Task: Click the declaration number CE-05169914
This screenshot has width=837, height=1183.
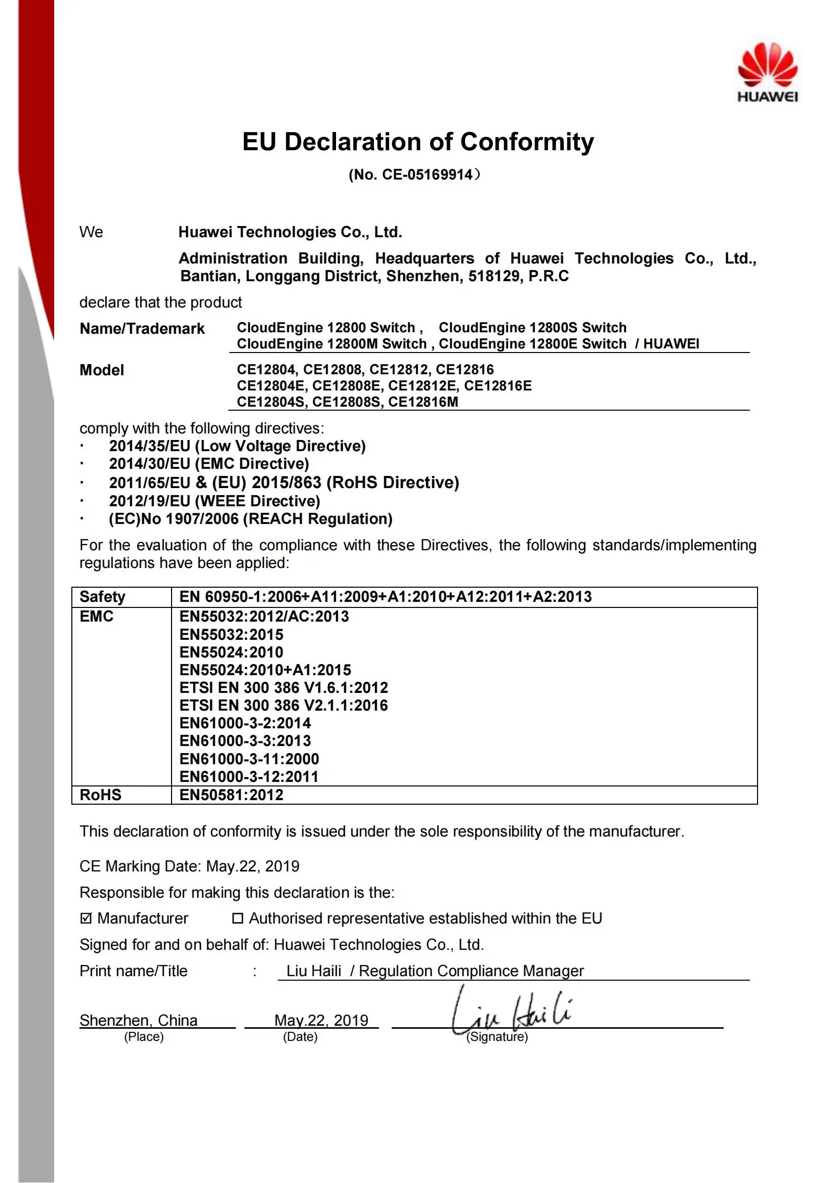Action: point(427,174)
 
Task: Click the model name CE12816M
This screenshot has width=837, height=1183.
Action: point(423,402)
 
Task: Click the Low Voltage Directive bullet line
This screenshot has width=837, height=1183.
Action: point(237,446)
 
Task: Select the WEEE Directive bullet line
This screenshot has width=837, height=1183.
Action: point(215,501)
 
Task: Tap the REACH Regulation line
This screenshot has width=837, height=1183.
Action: point(250,519)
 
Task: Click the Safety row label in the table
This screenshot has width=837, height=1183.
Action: point(102,597)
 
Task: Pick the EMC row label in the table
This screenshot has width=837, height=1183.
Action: point(96,617)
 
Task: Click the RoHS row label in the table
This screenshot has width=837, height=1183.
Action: point(101,795)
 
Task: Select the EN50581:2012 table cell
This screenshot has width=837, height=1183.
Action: point(231,795)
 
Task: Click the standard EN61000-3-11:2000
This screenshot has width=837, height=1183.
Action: point(249,759)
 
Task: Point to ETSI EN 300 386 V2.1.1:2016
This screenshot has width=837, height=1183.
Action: point(283,706)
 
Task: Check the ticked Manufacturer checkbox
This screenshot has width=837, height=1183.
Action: point(86,918)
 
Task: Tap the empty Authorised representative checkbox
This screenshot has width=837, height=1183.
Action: point(238,918)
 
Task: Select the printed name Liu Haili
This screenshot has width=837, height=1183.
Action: point(313,971)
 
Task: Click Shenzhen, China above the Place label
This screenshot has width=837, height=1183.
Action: point(138,1020)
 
